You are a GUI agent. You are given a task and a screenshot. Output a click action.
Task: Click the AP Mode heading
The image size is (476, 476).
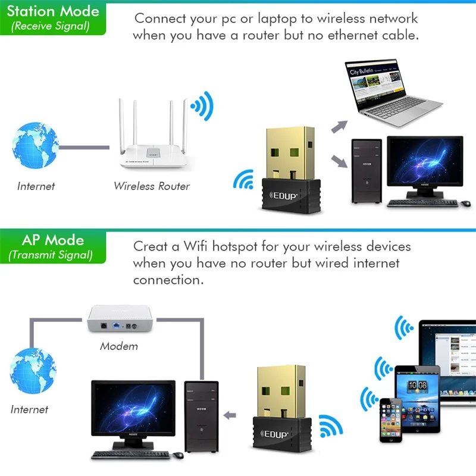click(x=52, y=240)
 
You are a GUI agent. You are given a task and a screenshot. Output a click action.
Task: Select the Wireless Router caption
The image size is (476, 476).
click(x=152, y=186)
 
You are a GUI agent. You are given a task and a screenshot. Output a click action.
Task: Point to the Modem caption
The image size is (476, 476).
click(x=119, y=346)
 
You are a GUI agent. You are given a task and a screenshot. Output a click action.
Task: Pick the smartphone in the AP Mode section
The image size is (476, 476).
click(x=393, y=419)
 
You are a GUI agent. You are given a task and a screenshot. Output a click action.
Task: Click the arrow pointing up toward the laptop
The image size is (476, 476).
click(x=339, y=126)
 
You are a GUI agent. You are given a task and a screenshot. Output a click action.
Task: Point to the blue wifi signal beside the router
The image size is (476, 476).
click(x=201, y=107)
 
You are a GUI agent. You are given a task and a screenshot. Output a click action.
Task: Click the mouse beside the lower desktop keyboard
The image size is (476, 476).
click(x=178, y=455)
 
